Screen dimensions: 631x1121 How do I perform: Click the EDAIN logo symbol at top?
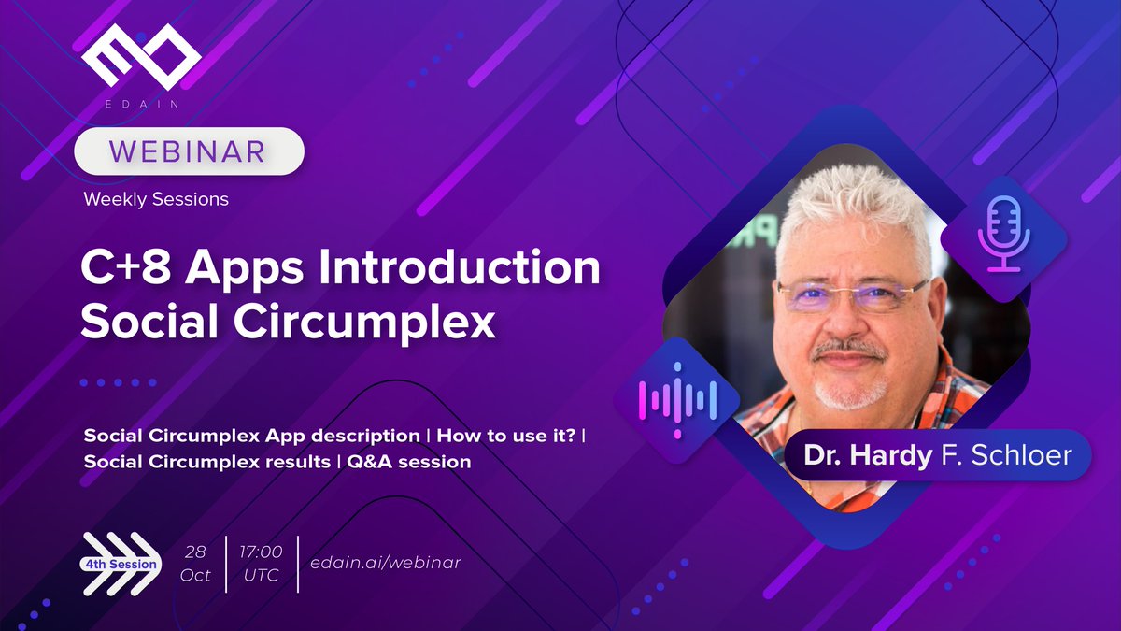click(140, 61)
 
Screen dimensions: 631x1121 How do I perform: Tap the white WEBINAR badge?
click(189, 151)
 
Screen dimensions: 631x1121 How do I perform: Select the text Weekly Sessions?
click(155, 199)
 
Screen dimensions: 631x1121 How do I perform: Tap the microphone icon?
click(1001, 235)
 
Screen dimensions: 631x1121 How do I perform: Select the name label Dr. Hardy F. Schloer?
click(938, 455)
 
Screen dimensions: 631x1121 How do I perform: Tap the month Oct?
click(195, 575)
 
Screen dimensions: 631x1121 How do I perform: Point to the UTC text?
click(261, 575)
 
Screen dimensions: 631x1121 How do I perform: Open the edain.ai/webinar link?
click(386, 562)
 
